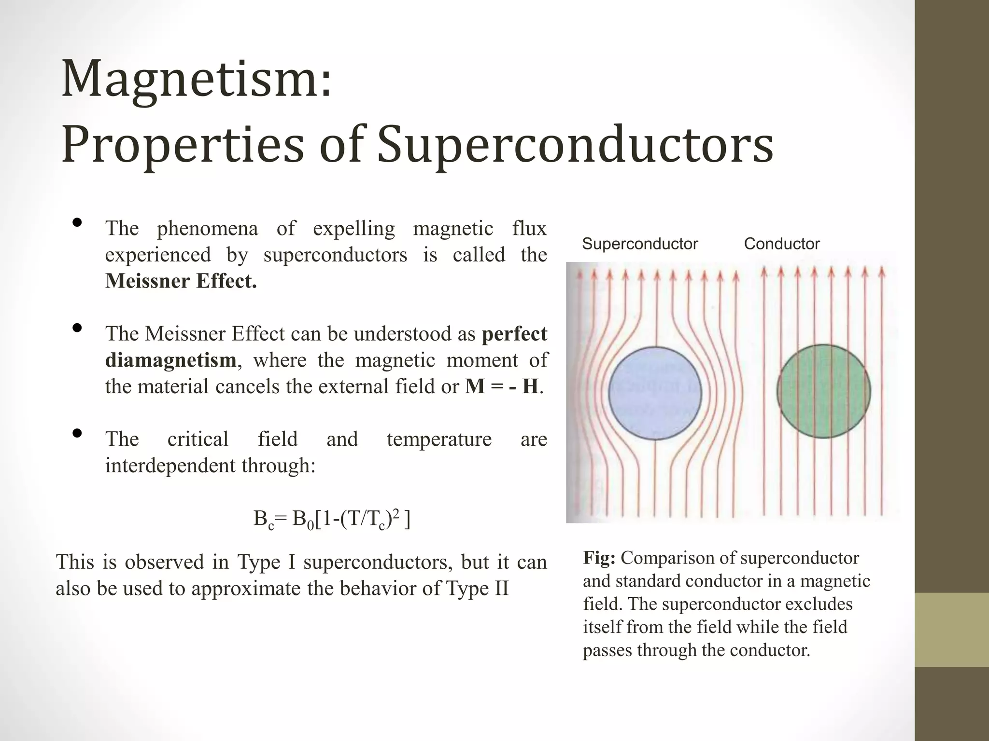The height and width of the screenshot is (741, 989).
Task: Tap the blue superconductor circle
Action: [x=655, y=393]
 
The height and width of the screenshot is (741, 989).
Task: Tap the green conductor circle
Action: [x=823, y=391]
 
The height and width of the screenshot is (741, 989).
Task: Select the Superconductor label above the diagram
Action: [x=640, y=244]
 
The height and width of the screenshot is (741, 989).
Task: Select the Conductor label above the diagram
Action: [x=781, y=244]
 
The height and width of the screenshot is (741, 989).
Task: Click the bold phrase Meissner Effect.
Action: [x=181, y=281]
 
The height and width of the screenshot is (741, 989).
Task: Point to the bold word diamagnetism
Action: [x=170, y=360]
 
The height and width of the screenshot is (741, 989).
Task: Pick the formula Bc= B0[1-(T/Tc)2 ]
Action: [x=332, y=520]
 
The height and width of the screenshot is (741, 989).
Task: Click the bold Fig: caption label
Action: [x=599, y=558]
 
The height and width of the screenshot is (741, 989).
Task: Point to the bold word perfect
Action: [x=514, y=334]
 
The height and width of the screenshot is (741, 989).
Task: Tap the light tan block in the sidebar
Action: [x=952, y=630]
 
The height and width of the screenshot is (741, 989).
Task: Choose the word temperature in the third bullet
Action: [x=439, y=439]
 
